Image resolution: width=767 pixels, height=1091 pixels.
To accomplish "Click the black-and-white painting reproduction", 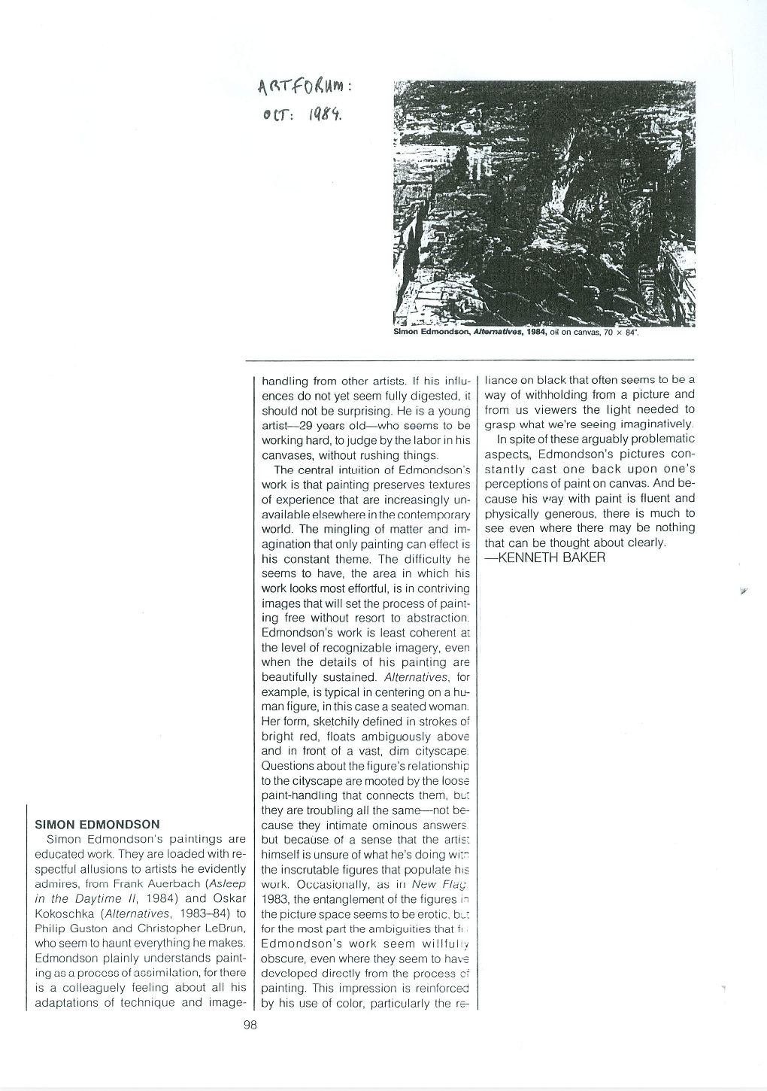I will click(544, 202).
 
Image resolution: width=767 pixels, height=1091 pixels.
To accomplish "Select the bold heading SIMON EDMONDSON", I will click(97, 824).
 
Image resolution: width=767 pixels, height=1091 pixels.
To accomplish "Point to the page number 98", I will click(250, 1024).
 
